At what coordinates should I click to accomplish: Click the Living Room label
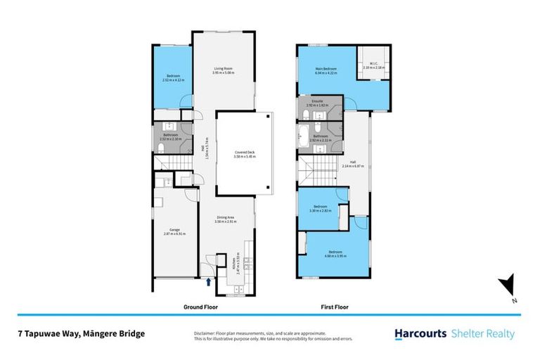[x=224, y=69]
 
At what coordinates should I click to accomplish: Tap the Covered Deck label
[x=245, y=152]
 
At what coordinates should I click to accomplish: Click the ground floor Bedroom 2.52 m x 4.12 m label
[x=173, y=77]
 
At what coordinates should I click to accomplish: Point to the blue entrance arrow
[x=209, y=282]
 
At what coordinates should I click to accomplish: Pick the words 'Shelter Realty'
[x=484, y=335]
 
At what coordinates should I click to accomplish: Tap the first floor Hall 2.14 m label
[x=355, y=167]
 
